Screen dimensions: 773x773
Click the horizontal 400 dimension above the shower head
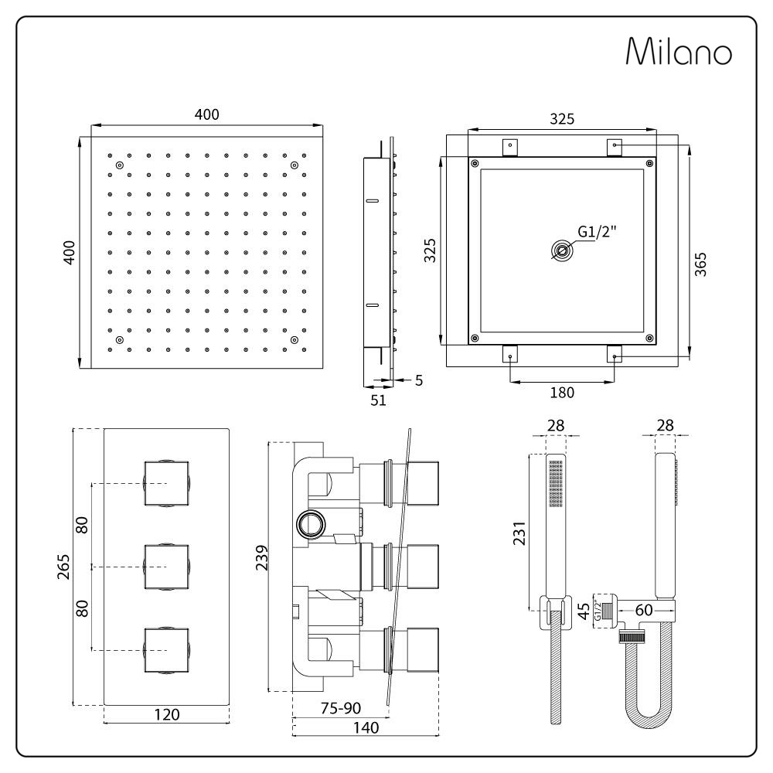click(x=207, y=114)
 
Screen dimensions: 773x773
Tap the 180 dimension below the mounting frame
click(x=561, y=392)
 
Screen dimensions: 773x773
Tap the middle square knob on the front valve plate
click(x=166, y=567)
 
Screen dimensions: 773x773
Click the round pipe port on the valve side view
click(x=313, y=525)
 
